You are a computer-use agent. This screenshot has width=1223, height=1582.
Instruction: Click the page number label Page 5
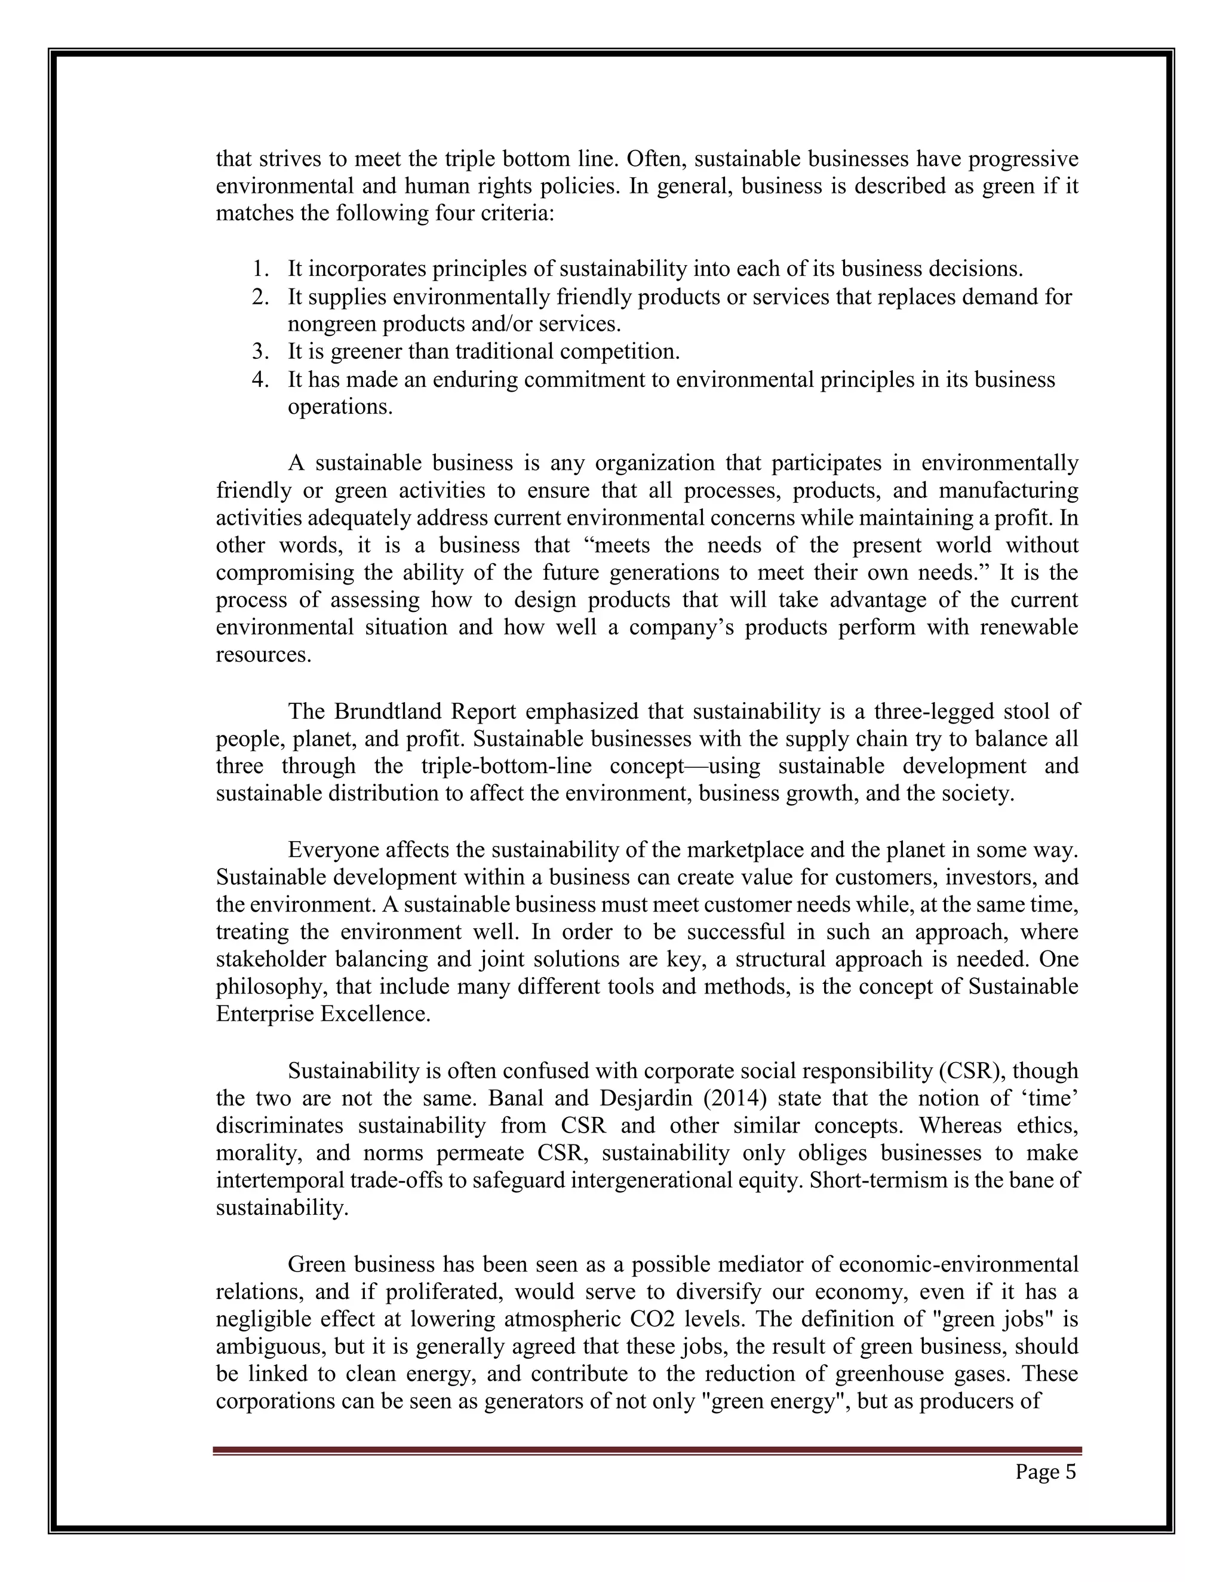click(1045, 1472)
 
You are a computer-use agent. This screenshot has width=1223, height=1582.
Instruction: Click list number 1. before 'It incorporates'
click(261, 269)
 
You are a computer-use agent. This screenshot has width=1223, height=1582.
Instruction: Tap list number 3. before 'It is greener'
click(261, 352)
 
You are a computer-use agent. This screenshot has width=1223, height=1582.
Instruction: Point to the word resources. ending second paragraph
click(264, 655)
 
